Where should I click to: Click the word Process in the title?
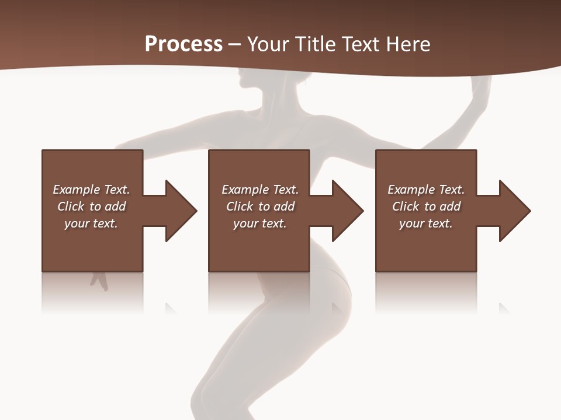[x=183, y=44]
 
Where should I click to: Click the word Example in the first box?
[x=75, y=190]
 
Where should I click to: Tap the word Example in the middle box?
[x=244, y=190]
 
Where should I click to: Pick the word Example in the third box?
[x=410, y=190]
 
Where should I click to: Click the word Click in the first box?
[x=71, y=206]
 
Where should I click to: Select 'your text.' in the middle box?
[x=260, y=223]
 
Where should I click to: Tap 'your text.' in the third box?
[x=426, y=223]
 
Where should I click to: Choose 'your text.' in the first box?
[x=91, y=223]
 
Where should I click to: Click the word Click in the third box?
[x=406, y=206]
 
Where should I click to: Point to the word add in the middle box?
[x=283, y=206]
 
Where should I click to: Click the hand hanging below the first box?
[x=99, y=281]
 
